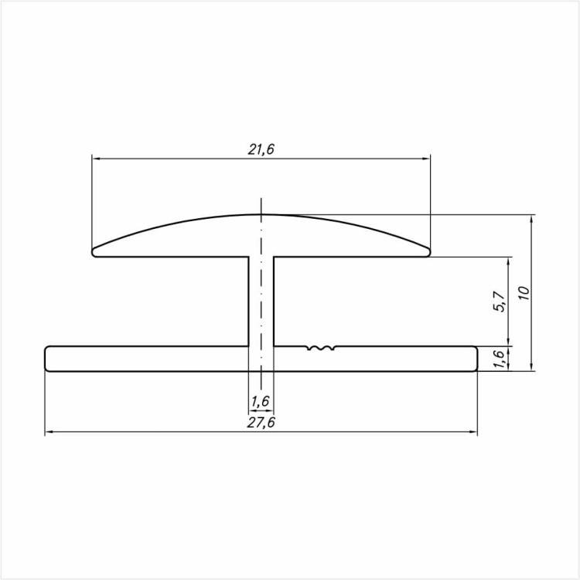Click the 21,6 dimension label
pos(261,149)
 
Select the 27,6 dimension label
pos(261,422)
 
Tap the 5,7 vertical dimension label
pos(500,302)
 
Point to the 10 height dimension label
pos(524,293)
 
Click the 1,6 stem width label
pos(261,401)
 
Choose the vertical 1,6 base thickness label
pos(500,358)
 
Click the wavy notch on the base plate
pos(321,348)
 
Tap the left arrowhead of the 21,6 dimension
pos(96,159)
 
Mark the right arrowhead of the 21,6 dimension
pos(426,159)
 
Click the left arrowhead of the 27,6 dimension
pos(49,432)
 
